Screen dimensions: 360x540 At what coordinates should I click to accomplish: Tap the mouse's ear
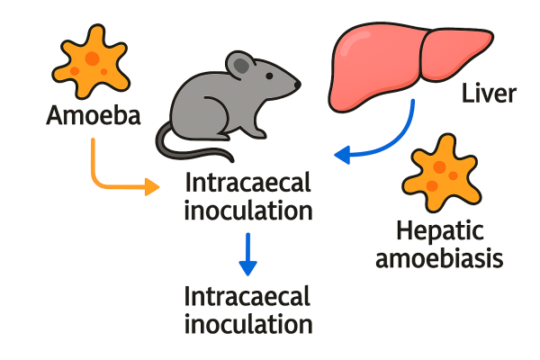[x=240, y=65]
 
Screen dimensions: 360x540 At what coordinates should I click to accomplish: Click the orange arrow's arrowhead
[x=152, y=187]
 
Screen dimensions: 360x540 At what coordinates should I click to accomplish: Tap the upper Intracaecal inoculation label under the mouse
[x=247, y=197]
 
